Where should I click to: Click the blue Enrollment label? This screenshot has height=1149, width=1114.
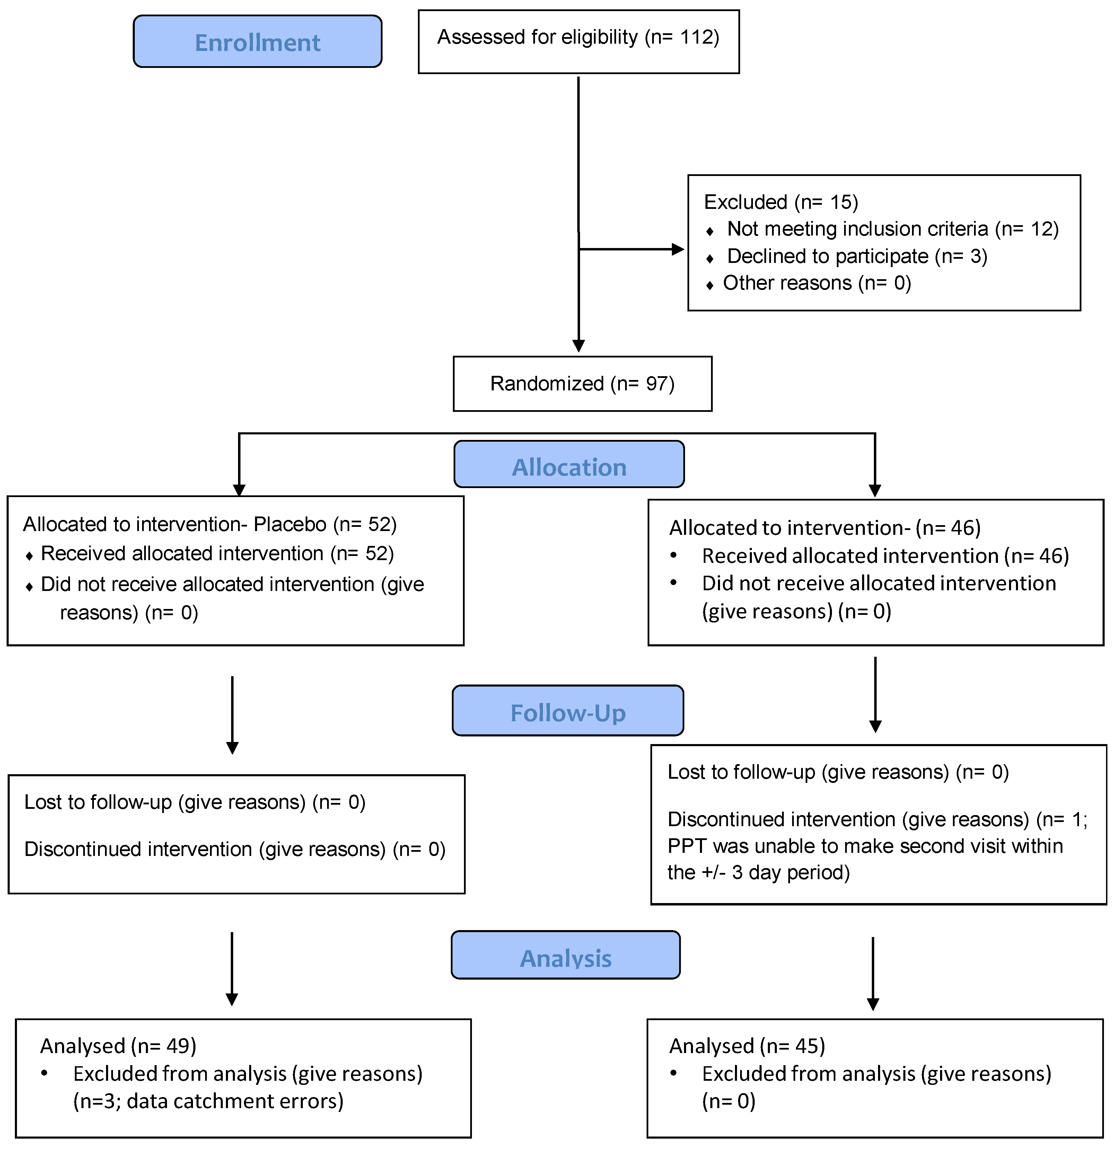257,42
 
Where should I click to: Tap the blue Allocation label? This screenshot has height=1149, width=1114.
569,467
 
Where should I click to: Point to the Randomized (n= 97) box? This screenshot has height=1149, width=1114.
582,384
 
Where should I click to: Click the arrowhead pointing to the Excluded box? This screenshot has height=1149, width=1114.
678,249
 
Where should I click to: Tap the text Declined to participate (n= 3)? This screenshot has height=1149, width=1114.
857,256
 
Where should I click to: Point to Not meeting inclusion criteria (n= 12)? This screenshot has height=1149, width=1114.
892,229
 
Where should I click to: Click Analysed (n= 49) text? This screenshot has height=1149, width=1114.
118,1046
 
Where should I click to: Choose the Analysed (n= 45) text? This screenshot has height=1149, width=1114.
747,1046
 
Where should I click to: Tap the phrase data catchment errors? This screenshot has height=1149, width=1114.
235,1101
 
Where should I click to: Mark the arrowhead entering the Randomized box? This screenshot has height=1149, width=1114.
579,345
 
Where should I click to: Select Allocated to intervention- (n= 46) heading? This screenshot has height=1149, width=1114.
824,528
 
